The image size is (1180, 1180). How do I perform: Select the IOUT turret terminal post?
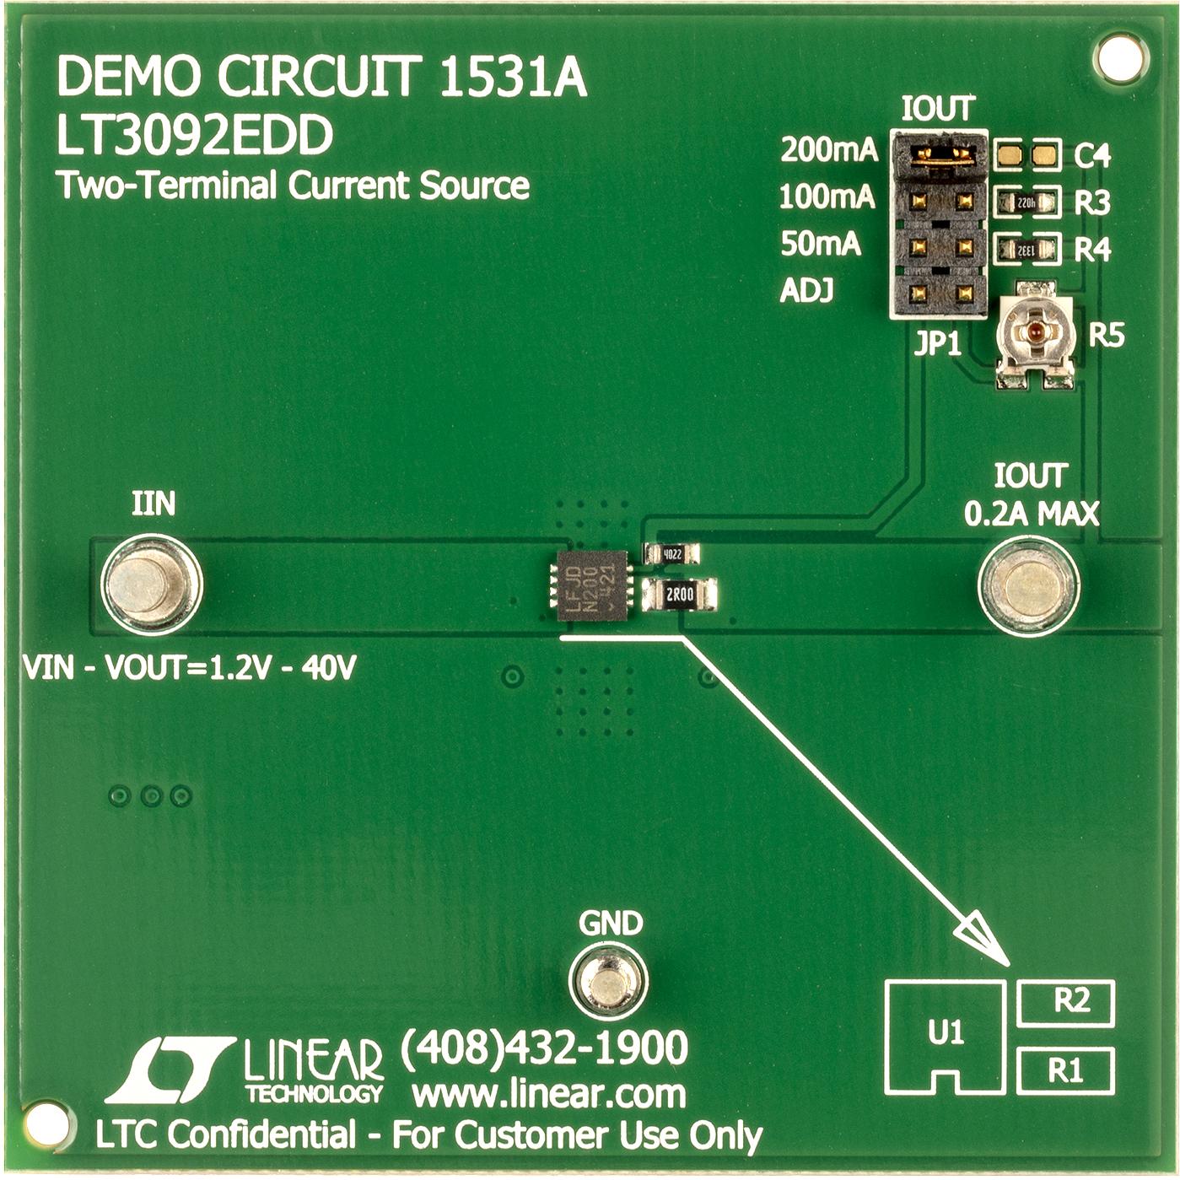coord(1028,585)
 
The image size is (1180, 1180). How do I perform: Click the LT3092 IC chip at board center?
coord(593,585)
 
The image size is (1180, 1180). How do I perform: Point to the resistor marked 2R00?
coord(679,595)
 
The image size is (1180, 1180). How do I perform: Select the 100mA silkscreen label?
coord(827,197)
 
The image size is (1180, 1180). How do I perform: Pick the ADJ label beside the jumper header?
coord(806,291)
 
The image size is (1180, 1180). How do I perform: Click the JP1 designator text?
coord(938,344)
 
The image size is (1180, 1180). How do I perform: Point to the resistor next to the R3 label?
coord(1026,202)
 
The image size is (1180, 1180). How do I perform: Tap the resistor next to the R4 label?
coord(1026,249)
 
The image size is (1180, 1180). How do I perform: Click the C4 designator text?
coord(1092,156)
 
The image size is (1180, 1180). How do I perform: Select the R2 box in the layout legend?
coord(1067,1003)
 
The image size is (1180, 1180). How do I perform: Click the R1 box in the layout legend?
coord(1067,1070)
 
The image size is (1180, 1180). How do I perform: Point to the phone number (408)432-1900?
coord(544,1048)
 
